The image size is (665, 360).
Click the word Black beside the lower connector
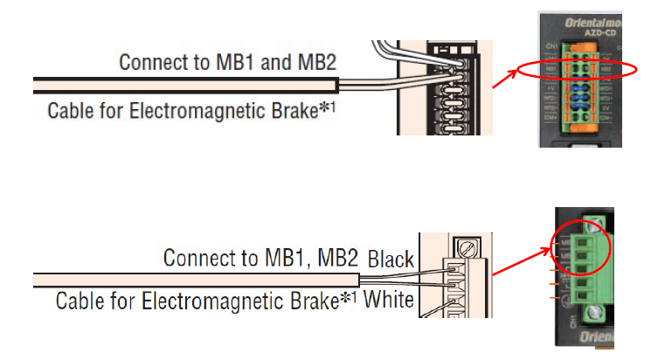pos(391,260)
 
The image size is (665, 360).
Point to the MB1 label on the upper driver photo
pos(551,68)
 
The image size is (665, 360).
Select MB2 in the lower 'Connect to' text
pos(337,260)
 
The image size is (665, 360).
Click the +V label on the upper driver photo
pos(551,88)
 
